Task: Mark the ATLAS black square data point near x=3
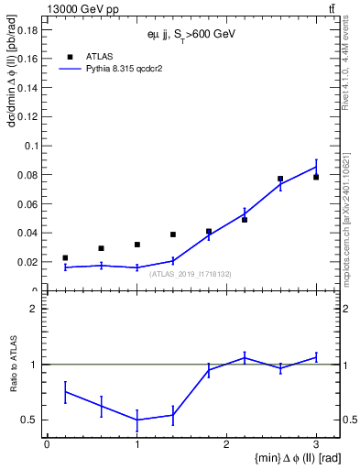coord(316,177)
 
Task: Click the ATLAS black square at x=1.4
coord(172,234)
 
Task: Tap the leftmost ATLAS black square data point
coord(65,258)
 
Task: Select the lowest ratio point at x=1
coord(136,420)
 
